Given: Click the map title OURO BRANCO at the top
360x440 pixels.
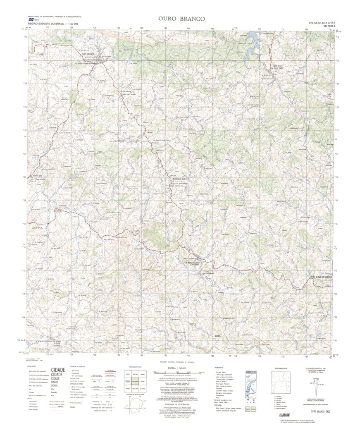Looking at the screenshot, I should coord(179,19).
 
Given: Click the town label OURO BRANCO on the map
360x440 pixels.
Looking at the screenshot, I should coord(88,54).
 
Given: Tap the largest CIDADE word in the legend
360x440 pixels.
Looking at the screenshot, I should coord(58,370).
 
